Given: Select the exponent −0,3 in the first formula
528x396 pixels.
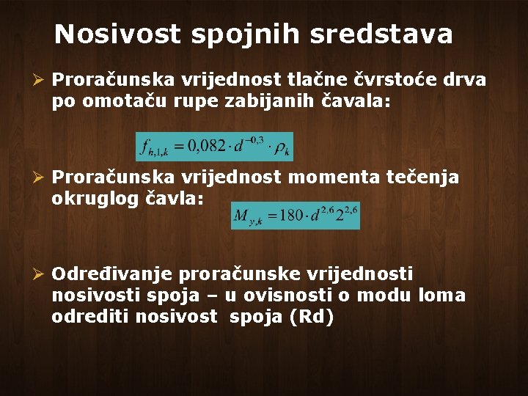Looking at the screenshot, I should [254, 139].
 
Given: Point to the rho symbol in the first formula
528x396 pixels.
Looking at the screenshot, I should [280, 147].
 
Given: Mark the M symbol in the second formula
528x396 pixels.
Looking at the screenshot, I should [242, 216].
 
